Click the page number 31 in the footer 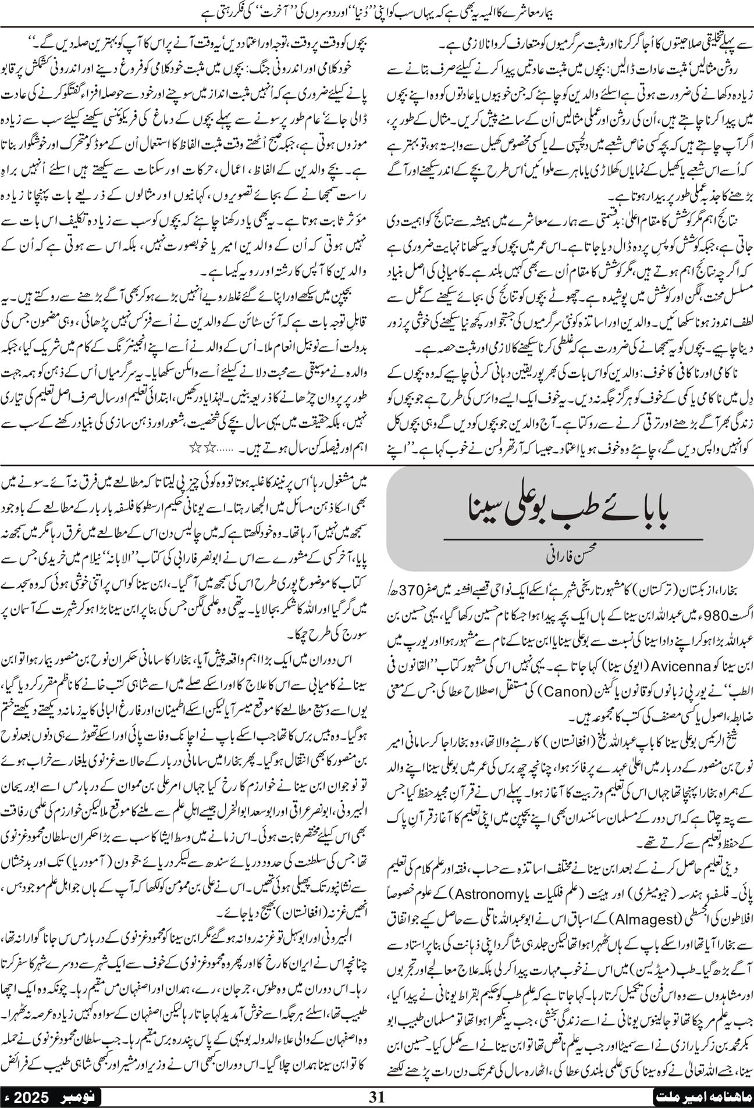coord(377,1096)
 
